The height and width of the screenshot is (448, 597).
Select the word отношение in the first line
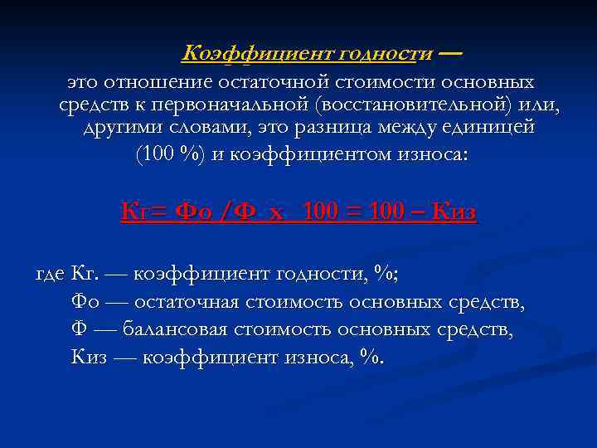point(160,83)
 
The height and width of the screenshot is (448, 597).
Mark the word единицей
point(492,130)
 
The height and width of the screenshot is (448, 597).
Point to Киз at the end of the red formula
point(455,213)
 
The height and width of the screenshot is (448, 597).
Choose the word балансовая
point(175,330)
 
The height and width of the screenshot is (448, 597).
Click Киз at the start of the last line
point(89,358)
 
